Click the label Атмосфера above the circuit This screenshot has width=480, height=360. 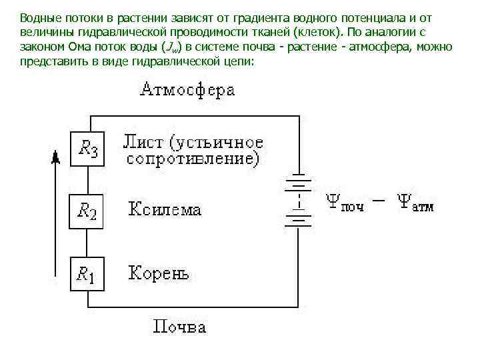(187, 90)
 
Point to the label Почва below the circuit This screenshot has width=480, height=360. (180, 326)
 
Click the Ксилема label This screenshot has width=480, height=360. (165, 211)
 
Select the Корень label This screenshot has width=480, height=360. (159, 273)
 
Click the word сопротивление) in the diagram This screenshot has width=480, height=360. (193, 160)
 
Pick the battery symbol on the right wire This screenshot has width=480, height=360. (298, 200)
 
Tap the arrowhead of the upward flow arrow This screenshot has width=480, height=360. (55, 157)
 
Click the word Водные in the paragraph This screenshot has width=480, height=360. (38, 17)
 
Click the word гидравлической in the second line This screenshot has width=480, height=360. (105, 32)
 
